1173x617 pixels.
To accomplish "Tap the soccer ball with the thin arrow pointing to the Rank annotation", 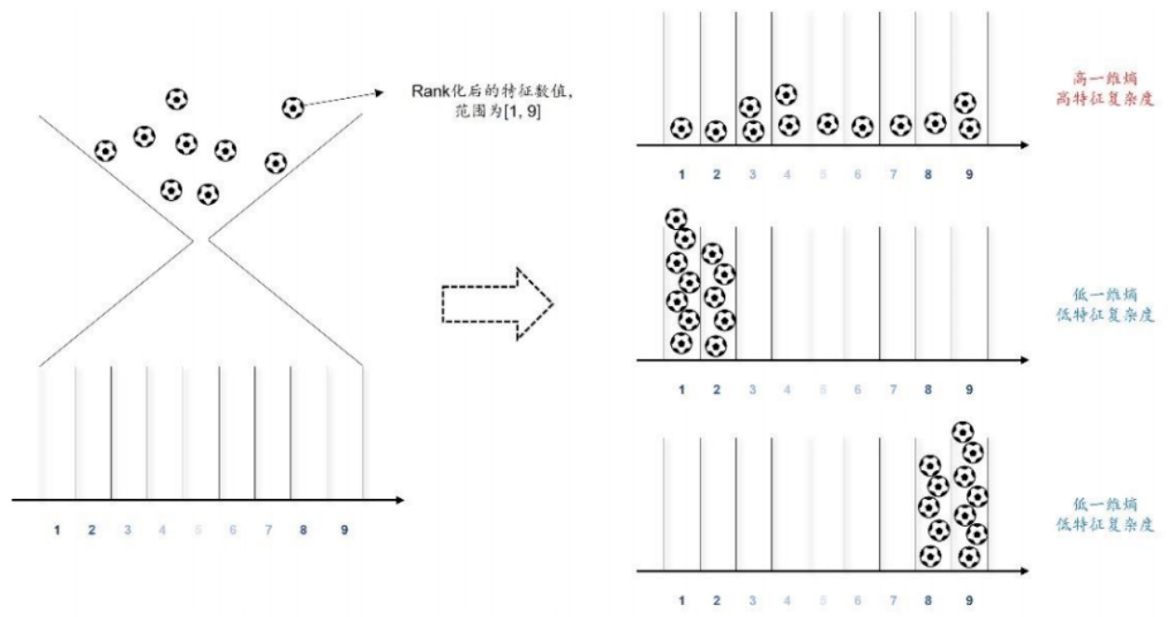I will point(293,108).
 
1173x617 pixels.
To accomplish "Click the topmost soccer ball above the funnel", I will point(176,98).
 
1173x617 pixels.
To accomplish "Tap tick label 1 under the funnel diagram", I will point(58,530).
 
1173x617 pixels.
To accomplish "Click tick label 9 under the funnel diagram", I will point(344,530).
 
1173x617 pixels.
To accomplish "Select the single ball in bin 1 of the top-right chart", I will point(681,127).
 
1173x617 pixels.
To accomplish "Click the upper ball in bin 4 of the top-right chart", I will point(787,94).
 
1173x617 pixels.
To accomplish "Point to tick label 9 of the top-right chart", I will point(969,174).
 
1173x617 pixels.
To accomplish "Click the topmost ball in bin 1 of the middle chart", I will point(677,219).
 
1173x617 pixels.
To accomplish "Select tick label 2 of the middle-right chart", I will point(717,389).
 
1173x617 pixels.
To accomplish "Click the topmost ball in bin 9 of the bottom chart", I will point(964,431).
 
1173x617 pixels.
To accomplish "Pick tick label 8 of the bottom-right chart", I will point(928,600).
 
